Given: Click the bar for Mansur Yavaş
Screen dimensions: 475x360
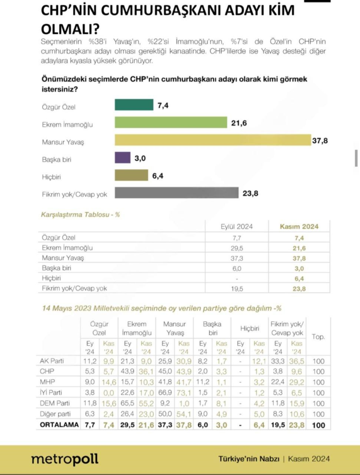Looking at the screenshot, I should click(x=213, y=141).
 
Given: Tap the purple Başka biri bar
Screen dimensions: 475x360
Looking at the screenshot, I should click(x=123, y=158).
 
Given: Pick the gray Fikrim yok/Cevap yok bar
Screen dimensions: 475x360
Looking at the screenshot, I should click(x=176, y=193).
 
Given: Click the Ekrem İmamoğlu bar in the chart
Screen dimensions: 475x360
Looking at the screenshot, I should click(x=171, y=123).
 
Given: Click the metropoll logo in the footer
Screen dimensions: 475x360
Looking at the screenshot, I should click(x=65, y=459).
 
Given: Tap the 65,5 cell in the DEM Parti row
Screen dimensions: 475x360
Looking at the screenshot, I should click(x=127, y=403).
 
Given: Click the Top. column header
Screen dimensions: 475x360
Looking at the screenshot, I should click(x=319, y=337).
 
